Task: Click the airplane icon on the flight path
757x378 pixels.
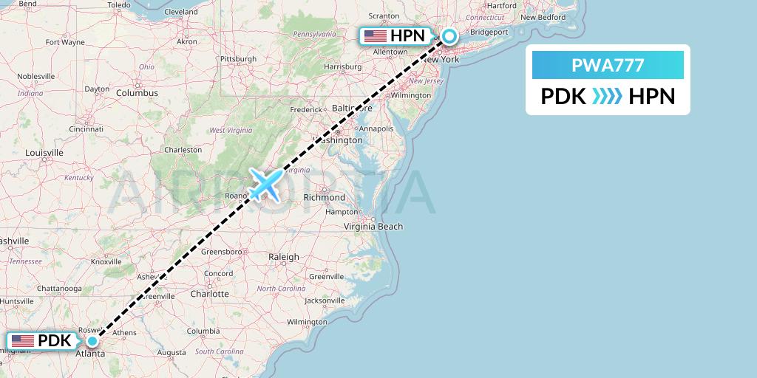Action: (265, 183)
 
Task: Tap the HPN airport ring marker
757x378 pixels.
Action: (449, 35)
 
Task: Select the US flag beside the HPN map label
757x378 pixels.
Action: (376, 35)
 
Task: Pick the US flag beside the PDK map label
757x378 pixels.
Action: (23, 341)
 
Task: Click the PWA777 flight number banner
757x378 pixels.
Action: (608, 66)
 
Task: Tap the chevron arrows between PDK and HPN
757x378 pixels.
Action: (607, 97)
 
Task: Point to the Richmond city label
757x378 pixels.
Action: (324, 198)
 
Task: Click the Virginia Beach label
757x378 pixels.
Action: (373, 227)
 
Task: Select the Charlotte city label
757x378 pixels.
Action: (209, 294)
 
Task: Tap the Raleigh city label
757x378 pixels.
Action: (284, 257)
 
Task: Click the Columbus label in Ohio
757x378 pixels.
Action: (137, 93)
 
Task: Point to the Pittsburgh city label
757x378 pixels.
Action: (238, 59)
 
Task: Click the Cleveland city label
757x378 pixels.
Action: (180, 13)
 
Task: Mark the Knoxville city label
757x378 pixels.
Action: (106, 262)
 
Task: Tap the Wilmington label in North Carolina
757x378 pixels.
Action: (307, 322)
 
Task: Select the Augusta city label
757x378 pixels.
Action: (172, 354)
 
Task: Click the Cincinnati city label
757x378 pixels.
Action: (86, 128)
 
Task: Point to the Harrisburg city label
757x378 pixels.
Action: (342, 66)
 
